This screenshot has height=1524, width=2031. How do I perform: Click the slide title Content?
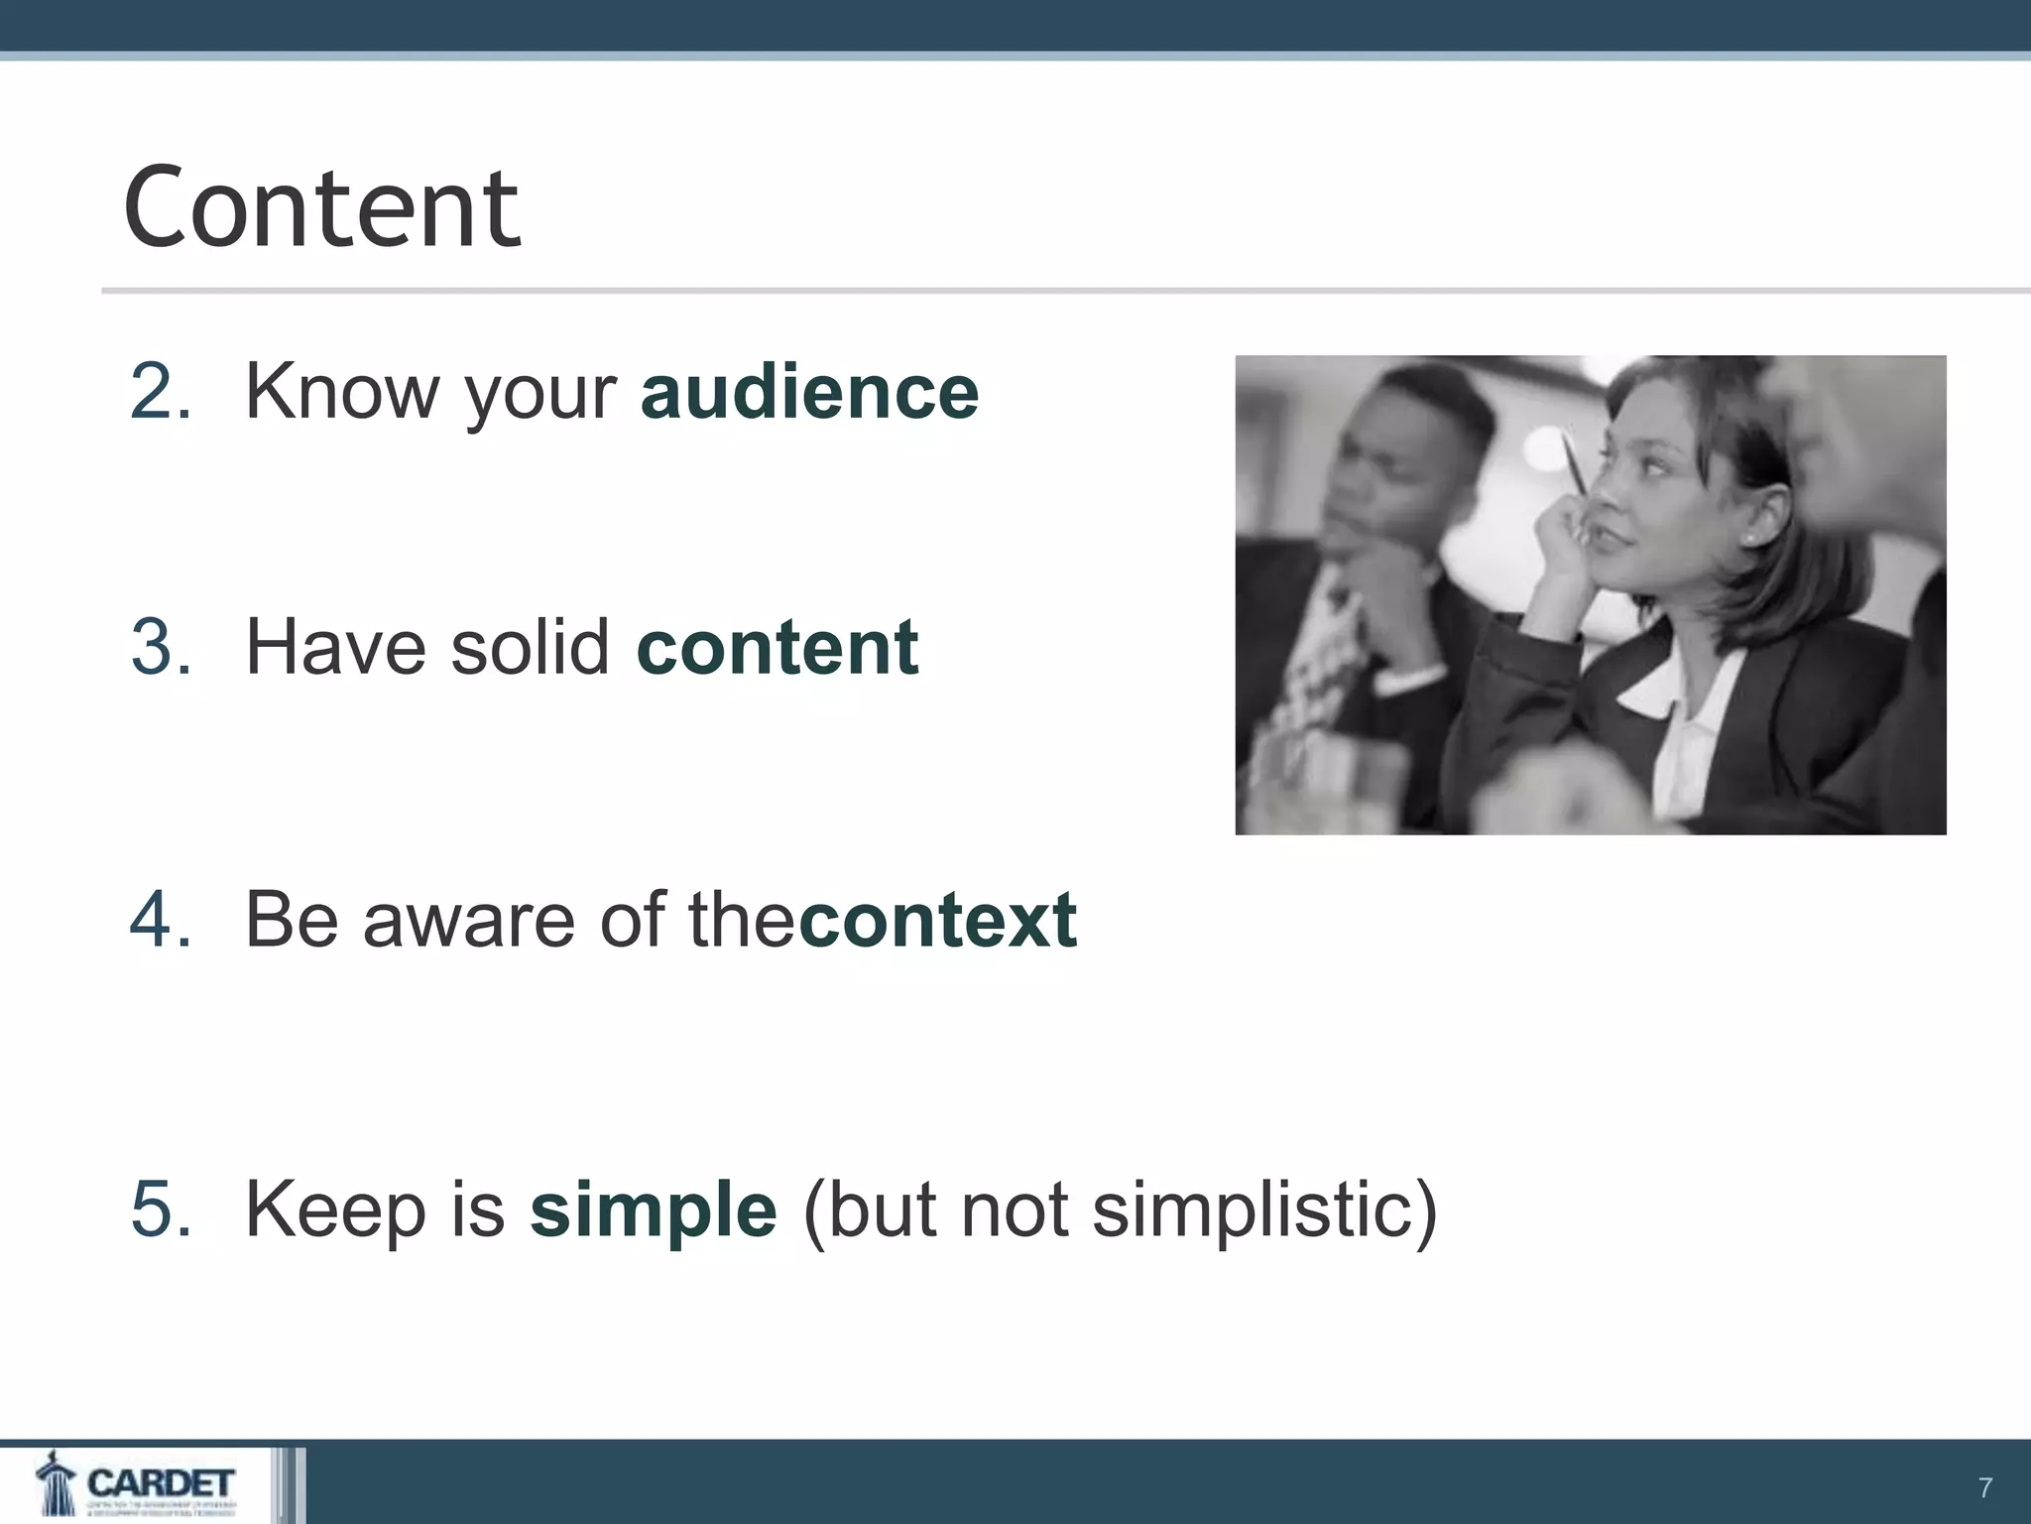coord(321,208)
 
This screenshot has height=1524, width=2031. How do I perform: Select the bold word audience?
coord(809,392)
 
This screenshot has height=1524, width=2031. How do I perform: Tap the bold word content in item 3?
coord(777,647)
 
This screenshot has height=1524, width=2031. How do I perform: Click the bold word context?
coord(938,920)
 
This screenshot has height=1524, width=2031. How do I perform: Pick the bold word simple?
coord(654,1209)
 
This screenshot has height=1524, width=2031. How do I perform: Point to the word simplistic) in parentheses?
coord(1264,1209)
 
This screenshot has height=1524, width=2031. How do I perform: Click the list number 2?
coord(159,392)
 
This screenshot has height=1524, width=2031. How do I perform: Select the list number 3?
coord(159,647)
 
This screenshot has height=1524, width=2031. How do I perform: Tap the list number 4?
coord(159,920)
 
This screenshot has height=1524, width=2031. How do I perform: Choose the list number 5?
coord(159,1209)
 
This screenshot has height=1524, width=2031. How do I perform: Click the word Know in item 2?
coord(341,392)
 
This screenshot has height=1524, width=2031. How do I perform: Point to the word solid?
coord(530,647)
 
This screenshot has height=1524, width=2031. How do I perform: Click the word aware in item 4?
coord(469,920)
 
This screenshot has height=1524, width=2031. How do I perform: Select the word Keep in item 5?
coord(335,1209)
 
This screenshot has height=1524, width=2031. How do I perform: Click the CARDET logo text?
coord(161,1483)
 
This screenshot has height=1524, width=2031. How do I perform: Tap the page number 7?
coord(1984,1487)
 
